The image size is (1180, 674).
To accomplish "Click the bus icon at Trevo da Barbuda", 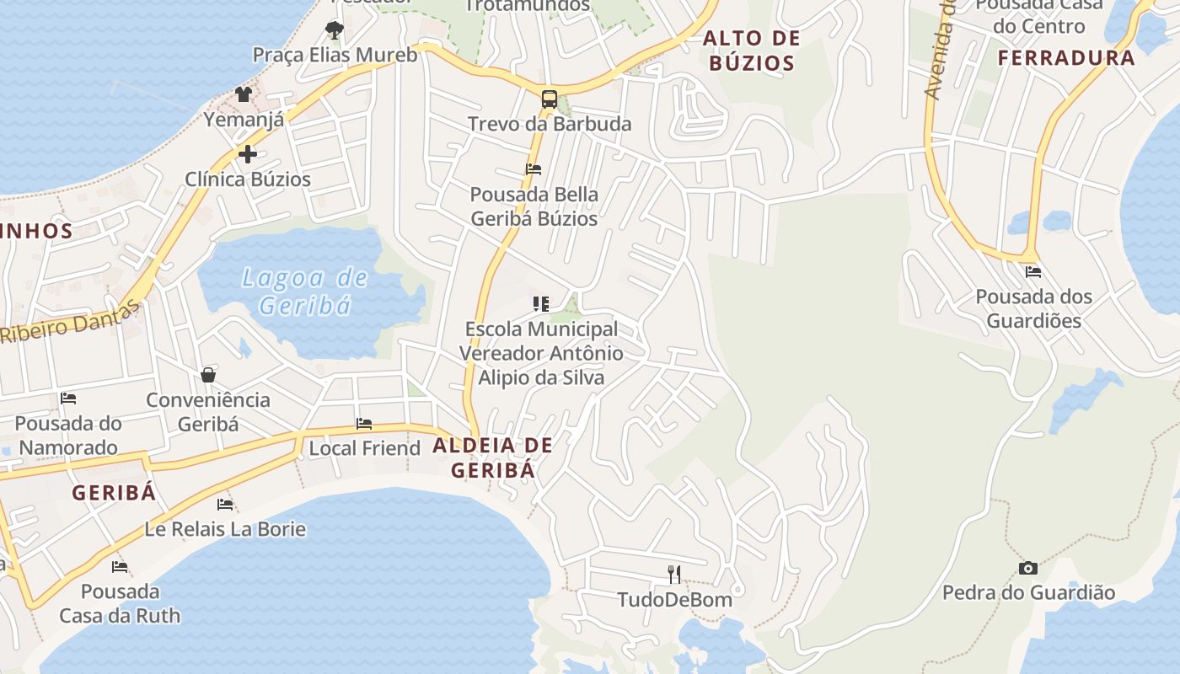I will [549, 99].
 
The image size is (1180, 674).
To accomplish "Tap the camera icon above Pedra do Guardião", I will [1027, 568].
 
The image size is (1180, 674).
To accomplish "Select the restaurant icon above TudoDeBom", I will [674, 575].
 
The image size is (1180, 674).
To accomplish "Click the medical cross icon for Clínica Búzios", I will [248, 154].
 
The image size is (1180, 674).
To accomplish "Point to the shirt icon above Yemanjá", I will [244, 94].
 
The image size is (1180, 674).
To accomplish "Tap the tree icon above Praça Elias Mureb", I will [335, 31].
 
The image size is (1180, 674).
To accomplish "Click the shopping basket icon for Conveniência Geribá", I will [208, 375].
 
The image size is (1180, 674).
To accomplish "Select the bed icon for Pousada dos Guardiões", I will [1033, 272].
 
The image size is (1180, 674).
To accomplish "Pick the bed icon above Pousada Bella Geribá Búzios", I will [534, 169].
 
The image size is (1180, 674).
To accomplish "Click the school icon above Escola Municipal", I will [541, 304].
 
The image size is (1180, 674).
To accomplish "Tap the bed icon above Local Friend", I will [364, 424].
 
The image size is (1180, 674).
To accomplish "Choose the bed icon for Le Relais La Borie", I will [225, 505].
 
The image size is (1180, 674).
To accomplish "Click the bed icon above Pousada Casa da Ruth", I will [120, 567].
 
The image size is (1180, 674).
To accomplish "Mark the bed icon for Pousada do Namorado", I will [68, 399].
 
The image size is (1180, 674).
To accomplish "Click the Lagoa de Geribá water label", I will [305, 291].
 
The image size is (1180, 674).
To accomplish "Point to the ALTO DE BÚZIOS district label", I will [751, 51].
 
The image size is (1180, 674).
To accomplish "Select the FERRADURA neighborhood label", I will [1066, 58].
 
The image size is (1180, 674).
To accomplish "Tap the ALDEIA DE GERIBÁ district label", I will [493, 457].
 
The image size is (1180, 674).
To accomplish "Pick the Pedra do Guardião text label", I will [1028, 593].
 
